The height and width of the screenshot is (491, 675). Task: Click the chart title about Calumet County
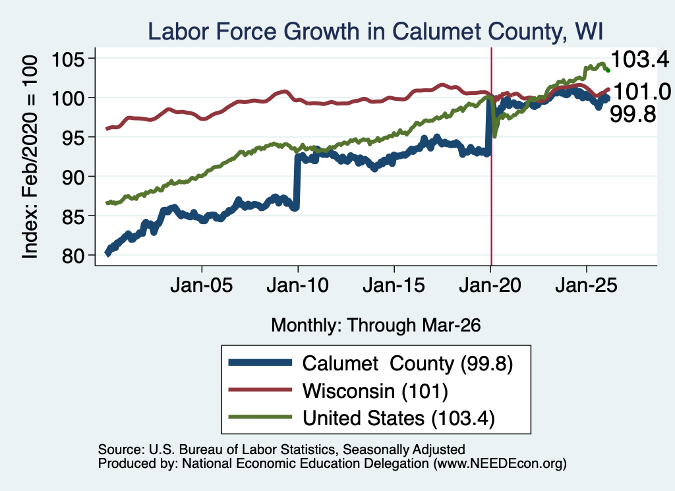click(375, 31)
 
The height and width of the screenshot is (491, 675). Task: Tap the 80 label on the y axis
click(72, 256)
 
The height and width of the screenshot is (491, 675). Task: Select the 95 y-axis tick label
click(72, 137)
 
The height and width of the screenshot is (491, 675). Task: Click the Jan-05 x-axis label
click(202, 285)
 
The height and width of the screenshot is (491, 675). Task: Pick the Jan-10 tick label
click(298, 285)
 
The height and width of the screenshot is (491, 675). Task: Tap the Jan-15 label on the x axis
click(394, 285)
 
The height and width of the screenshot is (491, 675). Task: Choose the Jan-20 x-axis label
click(490, 285)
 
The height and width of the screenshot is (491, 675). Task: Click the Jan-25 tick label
click(586, 285)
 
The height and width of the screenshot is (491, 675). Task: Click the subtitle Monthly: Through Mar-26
click(376, 325)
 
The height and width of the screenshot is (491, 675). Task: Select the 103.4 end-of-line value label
click(639, 59)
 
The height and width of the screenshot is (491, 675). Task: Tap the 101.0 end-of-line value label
click(642, 92)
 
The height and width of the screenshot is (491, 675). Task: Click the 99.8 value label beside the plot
click(633, 114)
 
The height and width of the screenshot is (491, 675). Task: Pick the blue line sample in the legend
click(260, 362)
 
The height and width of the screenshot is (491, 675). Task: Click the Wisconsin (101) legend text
click(375, 391)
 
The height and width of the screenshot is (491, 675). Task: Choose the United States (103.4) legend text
click(399, 418)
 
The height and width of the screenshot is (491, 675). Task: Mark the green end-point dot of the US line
click(608, 70)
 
